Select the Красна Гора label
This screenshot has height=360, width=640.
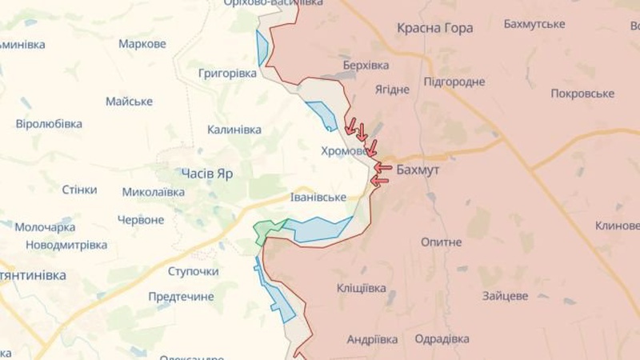pos(434,28)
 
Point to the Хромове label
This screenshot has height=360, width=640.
pos(344,150)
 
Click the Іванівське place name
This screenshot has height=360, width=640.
pos(318,197)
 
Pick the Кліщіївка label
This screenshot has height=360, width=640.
pos(362,288)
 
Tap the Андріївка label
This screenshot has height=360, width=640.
pos(372,339)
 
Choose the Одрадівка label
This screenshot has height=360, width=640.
pos(442,339)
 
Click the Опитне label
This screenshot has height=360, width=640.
pos(441,241)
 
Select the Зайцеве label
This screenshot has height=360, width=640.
pos(505,295)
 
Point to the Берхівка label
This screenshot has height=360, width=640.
pos(366,65)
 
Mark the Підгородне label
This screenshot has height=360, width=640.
pos(454,82)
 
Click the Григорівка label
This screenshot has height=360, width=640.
pos(227,74)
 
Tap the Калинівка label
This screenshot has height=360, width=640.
pos(234,129)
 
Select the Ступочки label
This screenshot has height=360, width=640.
pos(194,271)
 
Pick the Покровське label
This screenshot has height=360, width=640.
pos(582,94)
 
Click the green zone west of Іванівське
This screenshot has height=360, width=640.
pos(269,231)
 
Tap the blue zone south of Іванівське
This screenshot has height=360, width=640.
pos(318,230)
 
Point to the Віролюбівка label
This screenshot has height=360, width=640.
pos(49,124)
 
